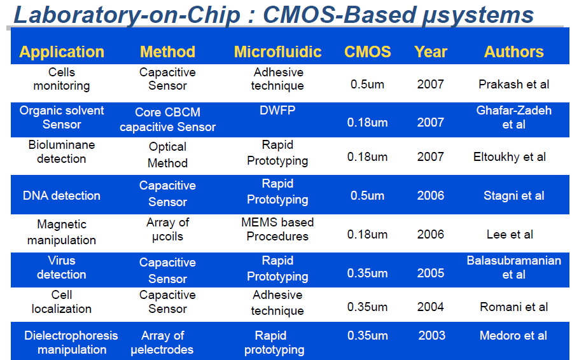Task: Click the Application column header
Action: point(62,52)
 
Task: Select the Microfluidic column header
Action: point(277,52)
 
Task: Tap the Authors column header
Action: point(513,52)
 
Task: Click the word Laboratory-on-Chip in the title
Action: point(127,15)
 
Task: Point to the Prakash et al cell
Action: point(513,84)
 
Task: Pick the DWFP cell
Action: point(277,110)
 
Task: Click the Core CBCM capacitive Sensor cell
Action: point(167,120)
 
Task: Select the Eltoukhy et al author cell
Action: point(509,157)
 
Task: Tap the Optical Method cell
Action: point(167,155)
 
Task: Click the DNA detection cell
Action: point(61,195)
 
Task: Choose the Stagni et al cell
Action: point(513,195)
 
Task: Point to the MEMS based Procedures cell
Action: point(277,229)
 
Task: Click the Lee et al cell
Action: point(510,234)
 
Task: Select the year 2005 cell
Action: point(431,273)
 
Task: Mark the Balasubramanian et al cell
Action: point(513,267)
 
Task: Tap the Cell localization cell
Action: point(61,301)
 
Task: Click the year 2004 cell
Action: point(431,307)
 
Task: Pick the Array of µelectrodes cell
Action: point(162,342)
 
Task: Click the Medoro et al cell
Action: point(513,336)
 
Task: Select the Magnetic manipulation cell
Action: point(61,232)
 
